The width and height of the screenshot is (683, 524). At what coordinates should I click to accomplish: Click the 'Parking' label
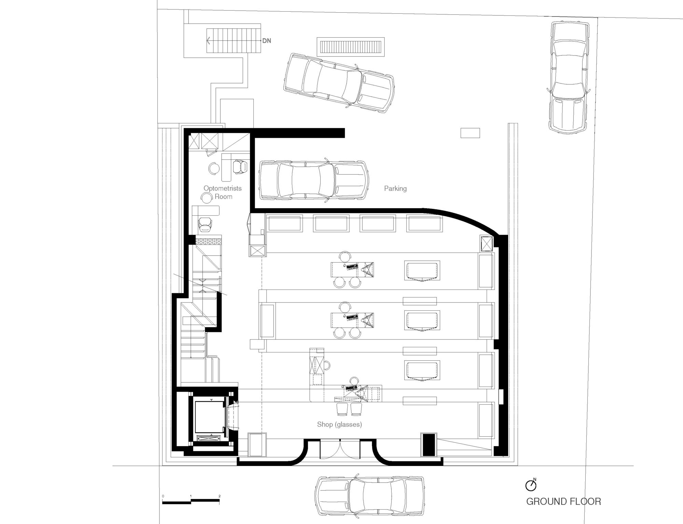[395, 188]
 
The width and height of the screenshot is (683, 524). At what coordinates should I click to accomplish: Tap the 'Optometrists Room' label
[223, 192]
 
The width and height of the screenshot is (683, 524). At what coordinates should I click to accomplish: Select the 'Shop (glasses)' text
[339, 424]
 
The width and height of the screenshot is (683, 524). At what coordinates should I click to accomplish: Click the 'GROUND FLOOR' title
[563, 501]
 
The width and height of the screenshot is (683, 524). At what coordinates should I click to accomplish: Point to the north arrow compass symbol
[530, 485]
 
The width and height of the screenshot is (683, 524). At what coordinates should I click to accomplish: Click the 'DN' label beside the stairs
[266, 41]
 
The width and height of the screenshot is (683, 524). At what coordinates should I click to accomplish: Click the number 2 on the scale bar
[220, 496]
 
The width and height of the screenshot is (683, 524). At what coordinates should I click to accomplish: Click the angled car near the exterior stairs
[339, 83]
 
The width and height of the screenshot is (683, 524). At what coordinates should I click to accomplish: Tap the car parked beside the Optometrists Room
[313, 180]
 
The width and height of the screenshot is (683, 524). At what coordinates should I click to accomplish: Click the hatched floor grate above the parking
[350, 47]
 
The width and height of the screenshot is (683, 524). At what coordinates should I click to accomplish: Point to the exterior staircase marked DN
[234, 41]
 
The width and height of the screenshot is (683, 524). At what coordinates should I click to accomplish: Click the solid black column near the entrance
[429, 444]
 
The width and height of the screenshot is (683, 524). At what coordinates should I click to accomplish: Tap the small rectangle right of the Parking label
[470, 133]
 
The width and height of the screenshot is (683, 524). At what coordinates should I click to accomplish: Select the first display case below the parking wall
[285, 224]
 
